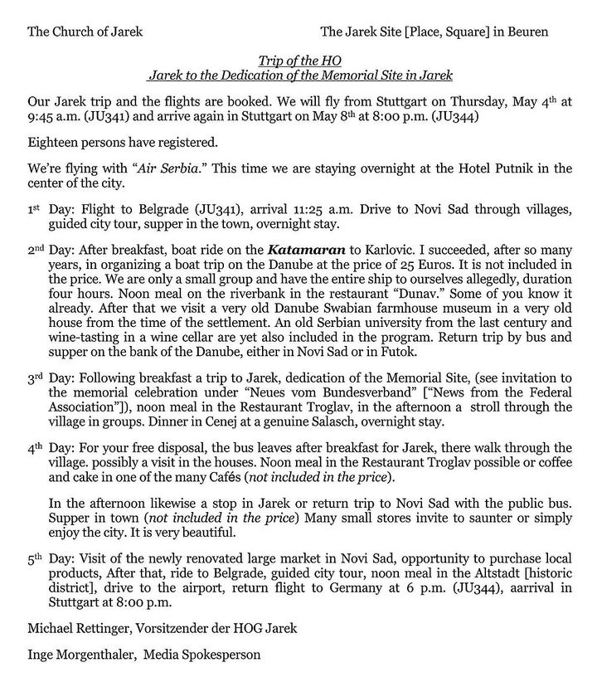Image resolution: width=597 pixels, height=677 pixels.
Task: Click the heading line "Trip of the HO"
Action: [299, 61]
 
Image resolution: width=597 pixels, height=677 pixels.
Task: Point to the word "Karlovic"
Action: [380, 249]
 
